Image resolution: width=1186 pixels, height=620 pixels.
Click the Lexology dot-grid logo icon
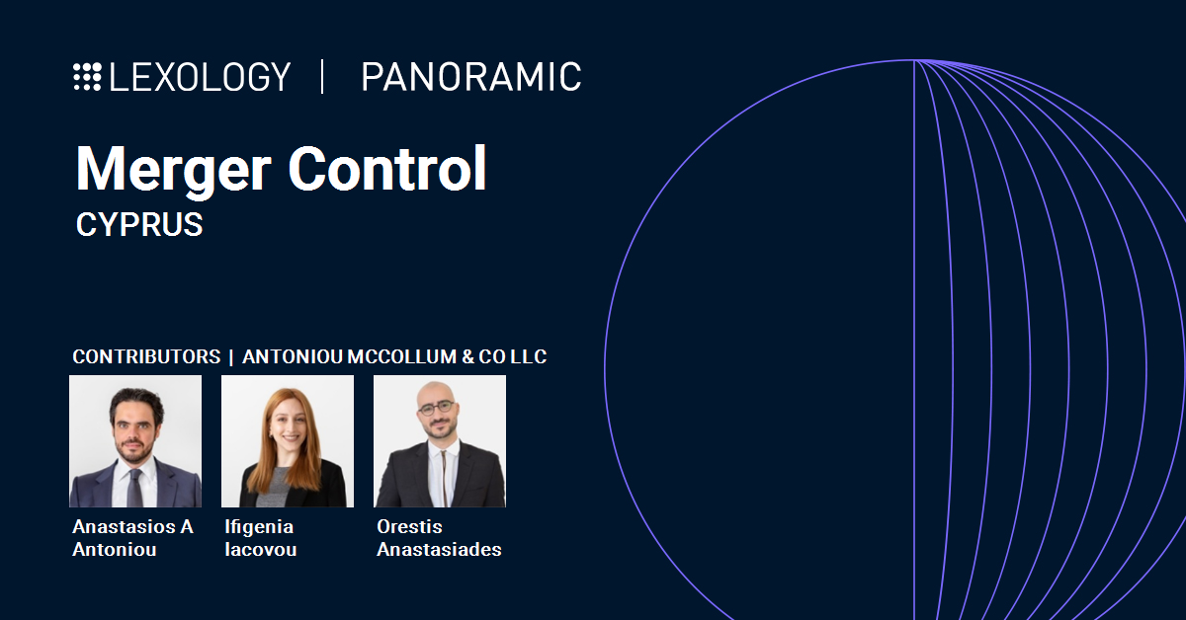[x=87, y=77]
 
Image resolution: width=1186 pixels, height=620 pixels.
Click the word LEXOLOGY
[x=201, y=77]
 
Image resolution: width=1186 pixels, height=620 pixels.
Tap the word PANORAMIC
[x=470, y=77]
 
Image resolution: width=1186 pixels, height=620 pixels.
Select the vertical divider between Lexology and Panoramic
[x=322, y=77]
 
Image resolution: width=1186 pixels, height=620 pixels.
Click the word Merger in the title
[x=173, y=170]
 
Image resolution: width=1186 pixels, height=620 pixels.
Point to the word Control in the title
[x=387, y=170]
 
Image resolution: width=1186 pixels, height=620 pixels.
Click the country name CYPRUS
[x=139, y=225]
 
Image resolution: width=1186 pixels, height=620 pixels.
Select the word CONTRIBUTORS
[x=146, y=356]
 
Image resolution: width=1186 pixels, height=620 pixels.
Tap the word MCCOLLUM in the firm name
[x=400, y=356]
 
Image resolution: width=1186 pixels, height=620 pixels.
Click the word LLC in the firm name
[x=529, y=356]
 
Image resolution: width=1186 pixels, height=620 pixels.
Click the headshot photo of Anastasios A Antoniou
[x=135, y=441]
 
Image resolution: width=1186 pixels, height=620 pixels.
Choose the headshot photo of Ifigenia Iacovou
[x=288, y=441]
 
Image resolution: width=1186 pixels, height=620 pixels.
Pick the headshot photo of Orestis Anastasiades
[x=440, y=441]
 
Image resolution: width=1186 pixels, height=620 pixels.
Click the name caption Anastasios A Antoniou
[x=132, y=538]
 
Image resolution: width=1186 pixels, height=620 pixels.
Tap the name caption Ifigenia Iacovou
[x=259, y=538]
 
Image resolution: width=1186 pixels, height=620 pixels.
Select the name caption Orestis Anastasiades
[x=439, y=538]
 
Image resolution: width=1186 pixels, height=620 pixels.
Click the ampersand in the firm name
[x=467, y=356]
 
